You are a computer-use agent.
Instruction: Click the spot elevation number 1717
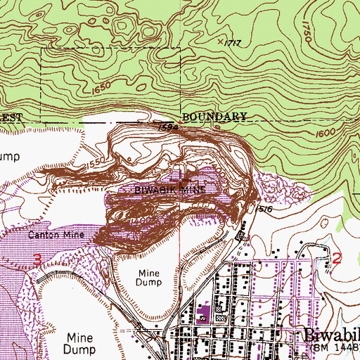click(x=234, y=44)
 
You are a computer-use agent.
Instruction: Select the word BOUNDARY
click(x=214, y=116)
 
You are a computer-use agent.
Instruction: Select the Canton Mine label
click(x=60, y=234)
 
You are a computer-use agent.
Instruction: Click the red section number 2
click(x=336, y=258)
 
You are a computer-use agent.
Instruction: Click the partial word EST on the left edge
click(x=12, y=117)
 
